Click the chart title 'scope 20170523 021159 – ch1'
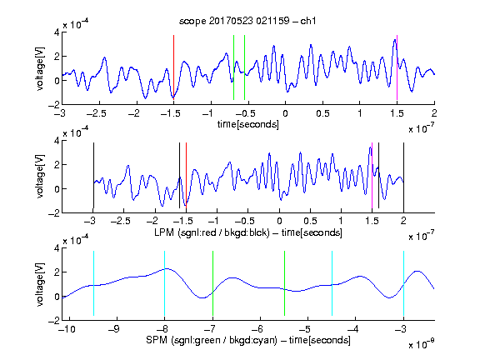pos(247,21)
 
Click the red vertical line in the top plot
pos(173,67)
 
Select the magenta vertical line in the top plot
pos(397,67)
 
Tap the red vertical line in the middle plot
pos(186,175)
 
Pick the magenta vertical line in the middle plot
pos(372,175)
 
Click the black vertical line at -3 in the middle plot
pos(93,175)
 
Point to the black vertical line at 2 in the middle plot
pos(403,175)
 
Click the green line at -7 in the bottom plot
pos(212,283)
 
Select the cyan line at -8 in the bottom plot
pos(165,283)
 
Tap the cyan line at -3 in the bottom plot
pos(403,283)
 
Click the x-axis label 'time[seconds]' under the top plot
pos(248,124)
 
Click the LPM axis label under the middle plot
pos(248,232)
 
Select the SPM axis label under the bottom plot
pos(248,340)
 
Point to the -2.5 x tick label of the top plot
pos(97,113)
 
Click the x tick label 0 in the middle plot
pos(279,221)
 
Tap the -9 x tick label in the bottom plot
pos(114,329)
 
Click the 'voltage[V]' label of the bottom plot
pos(40,284)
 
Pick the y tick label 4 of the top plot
pos(57,32)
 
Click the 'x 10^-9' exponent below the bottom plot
pos(422,344)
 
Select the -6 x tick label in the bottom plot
pos(260,329)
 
